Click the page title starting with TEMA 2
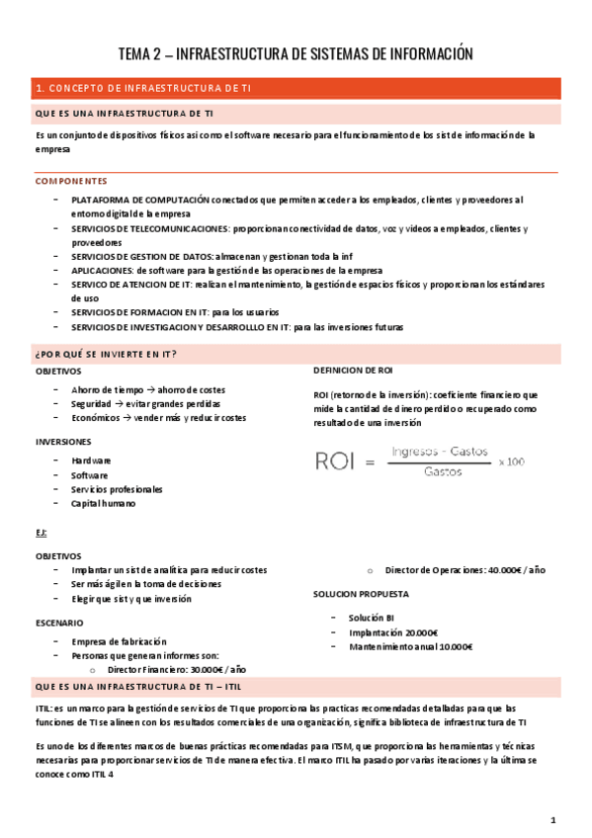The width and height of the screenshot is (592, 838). point(296,53)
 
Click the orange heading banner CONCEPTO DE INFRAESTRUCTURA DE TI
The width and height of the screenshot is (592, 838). point(143,88)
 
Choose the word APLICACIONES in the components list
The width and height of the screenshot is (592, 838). point(102,271)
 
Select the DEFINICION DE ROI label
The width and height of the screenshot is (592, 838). point(353,371)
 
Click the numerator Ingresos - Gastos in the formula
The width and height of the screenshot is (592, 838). point(440,452)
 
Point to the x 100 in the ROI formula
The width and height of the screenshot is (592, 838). point(511,461)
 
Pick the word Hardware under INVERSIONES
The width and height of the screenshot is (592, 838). point(91,461)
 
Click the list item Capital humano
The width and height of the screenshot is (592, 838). point(103,503)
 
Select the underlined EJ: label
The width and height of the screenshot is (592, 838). point(41,533)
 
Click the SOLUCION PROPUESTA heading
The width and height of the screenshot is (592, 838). point(361,595)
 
